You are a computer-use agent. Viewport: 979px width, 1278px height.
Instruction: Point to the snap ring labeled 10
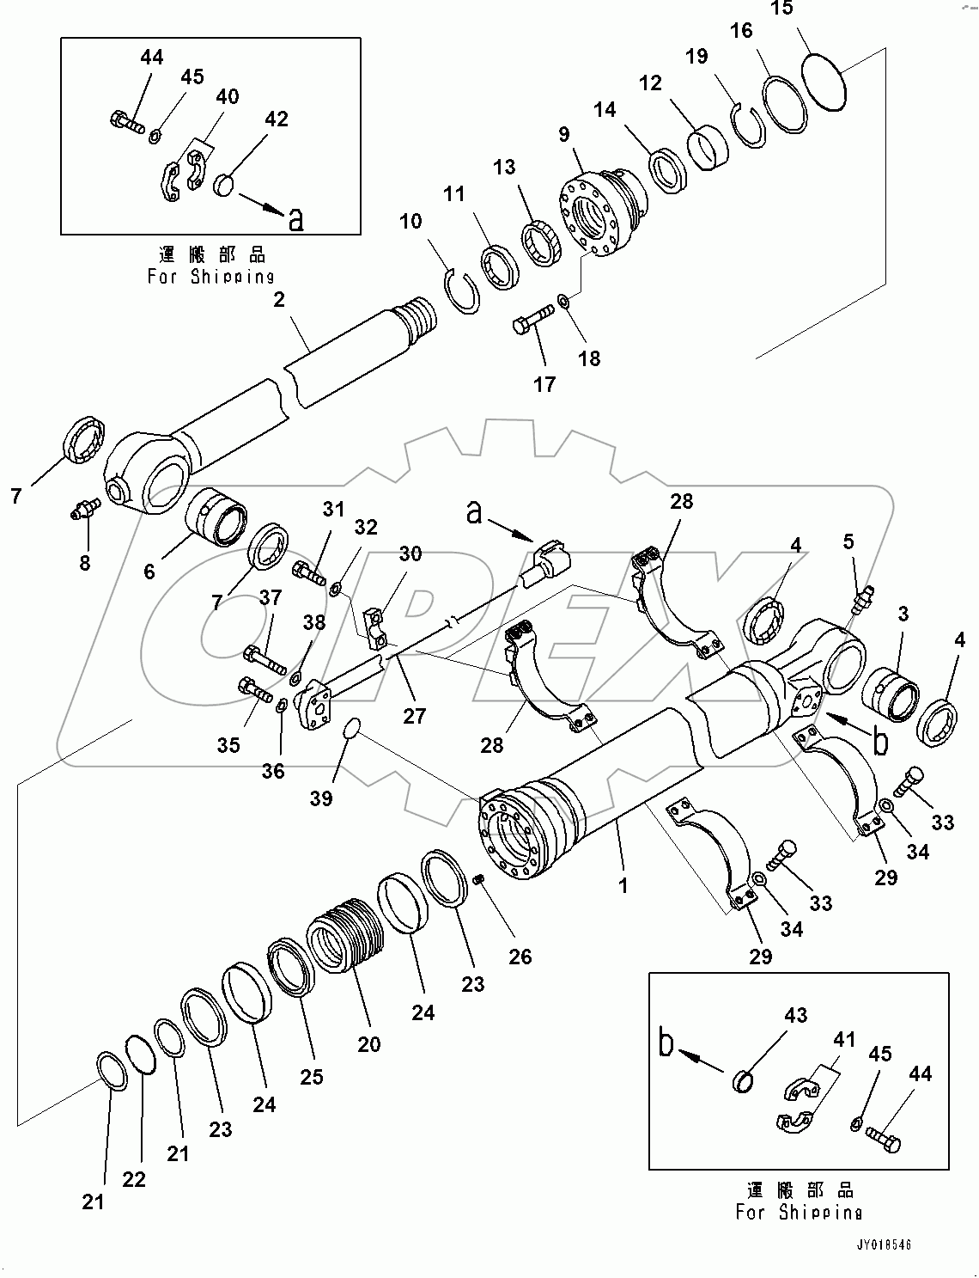[x=465, y=291]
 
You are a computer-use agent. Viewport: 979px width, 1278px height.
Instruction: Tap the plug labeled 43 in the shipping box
[x=743, y=1079]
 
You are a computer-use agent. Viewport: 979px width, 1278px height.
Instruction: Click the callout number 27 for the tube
[x=415, y=716]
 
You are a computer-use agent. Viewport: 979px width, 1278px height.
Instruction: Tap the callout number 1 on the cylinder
[x=623, y=884]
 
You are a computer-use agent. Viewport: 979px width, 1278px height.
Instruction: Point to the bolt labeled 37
[x=265, y=661]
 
